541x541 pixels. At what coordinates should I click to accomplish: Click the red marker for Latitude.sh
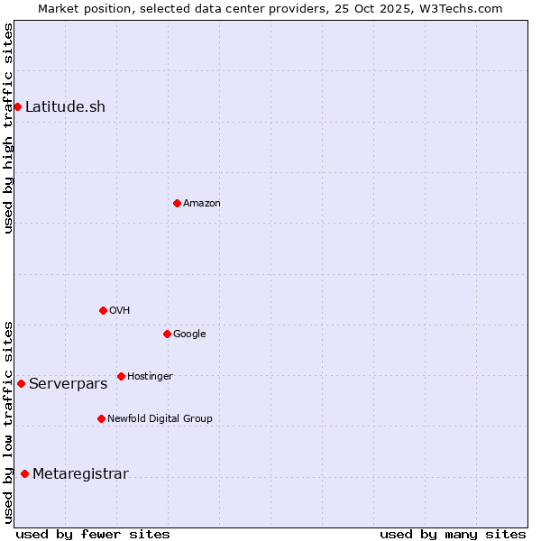[17, 106]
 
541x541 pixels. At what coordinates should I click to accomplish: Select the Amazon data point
[177, 203]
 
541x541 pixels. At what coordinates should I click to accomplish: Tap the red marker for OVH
[103, 310]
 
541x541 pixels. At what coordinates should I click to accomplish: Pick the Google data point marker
[167, 334]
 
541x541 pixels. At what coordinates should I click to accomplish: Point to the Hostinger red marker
[121, 376]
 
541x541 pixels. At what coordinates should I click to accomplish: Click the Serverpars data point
[21, 383]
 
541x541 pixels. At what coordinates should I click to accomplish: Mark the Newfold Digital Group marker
[101, 418]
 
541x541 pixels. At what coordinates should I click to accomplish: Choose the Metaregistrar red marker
[24, 474]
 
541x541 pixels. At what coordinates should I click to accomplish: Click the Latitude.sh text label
[65, 106]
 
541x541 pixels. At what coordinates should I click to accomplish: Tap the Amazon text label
[202, 203]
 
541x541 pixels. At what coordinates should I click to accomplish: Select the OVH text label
[120, 310]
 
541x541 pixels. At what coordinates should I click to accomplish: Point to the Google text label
[189, 334]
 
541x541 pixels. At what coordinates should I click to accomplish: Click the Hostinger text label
[150, 376]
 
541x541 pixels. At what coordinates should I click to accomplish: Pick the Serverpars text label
[68, 383]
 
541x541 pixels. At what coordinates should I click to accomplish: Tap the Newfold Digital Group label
[160, 418]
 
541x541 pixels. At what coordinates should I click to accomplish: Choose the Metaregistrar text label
[80, 474]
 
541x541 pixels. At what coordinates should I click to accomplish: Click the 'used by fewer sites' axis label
[93, 534]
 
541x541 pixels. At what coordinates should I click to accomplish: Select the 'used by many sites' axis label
[453, 534]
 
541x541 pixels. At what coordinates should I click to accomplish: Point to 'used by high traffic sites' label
[8, 128]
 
